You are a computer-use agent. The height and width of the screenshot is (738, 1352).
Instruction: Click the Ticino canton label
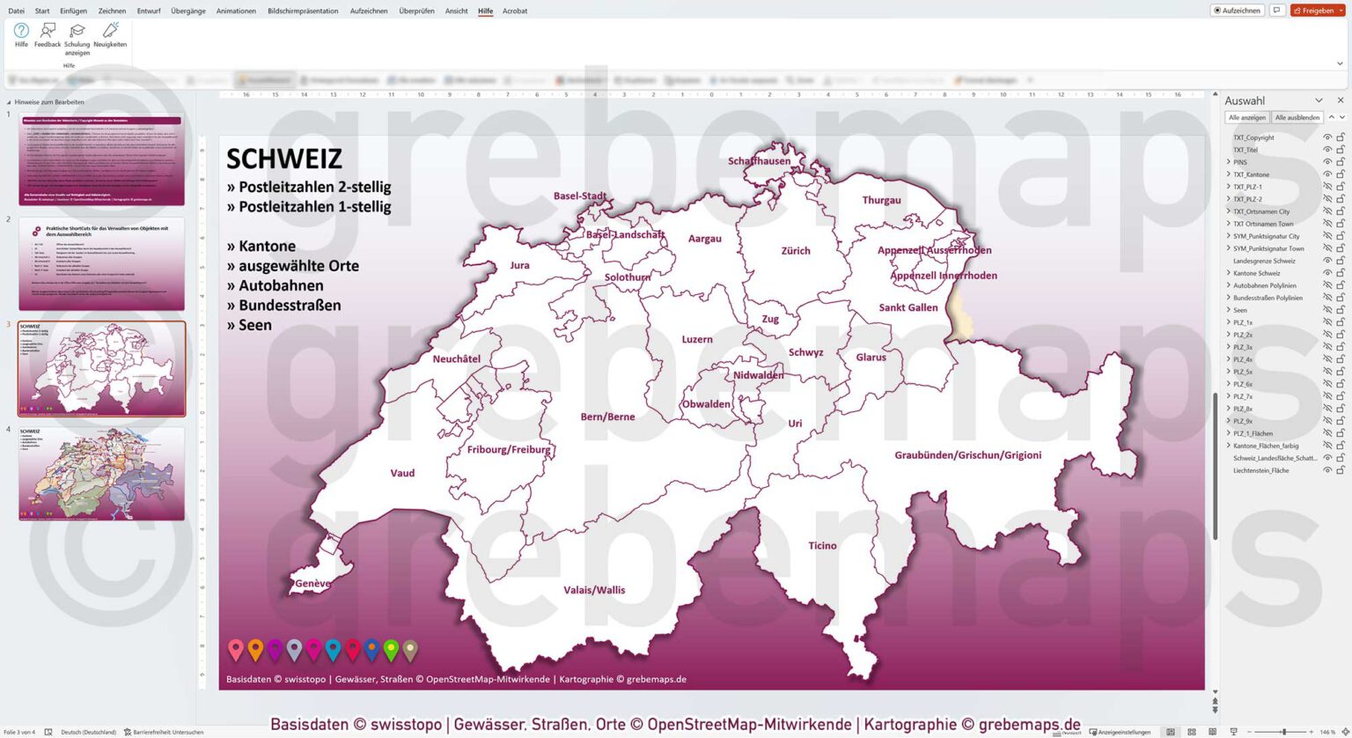coord(822,546)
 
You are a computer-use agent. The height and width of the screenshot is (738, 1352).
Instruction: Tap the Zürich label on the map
coord(795,251)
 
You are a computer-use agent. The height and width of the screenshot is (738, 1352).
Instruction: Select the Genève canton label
coord(312,584)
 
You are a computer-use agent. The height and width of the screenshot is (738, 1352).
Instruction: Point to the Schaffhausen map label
coord(759,161)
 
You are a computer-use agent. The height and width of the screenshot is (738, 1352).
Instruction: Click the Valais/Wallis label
coord(594,590)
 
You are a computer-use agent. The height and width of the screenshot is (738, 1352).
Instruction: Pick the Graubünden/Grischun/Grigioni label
coord(967,455)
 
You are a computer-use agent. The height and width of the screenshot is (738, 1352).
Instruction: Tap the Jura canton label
coord(519,265)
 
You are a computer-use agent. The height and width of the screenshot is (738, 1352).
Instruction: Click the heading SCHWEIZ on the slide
coord(284,159)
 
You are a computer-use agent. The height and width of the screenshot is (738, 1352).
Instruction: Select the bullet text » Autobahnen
coord(275,285)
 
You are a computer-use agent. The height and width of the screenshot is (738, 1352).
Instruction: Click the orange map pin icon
coord(255,650)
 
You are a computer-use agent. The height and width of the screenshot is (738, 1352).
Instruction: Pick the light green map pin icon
coord(391,650)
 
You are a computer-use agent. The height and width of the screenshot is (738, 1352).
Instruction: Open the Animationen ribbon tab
coord(236,11)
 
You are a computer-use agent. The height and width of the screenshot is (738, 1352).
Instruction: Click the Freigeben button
coord(1317,11)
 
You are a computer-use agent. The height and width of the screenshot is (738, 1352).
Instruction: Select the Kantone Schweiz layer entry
coord(1256,273)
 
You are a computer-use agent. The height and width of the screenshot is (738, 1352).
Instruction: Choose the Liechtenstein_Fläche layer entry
coord(1260,470)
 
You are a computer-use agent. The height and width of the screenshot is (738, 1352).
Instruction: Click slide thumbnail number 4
coord(101,474)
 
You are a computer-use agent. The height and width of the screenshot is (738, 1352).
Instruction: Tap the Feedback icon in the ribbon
coord(48,35)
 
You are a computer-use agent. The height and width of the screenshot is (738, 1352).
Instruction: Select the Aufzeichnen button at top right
coord(1238,11)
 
